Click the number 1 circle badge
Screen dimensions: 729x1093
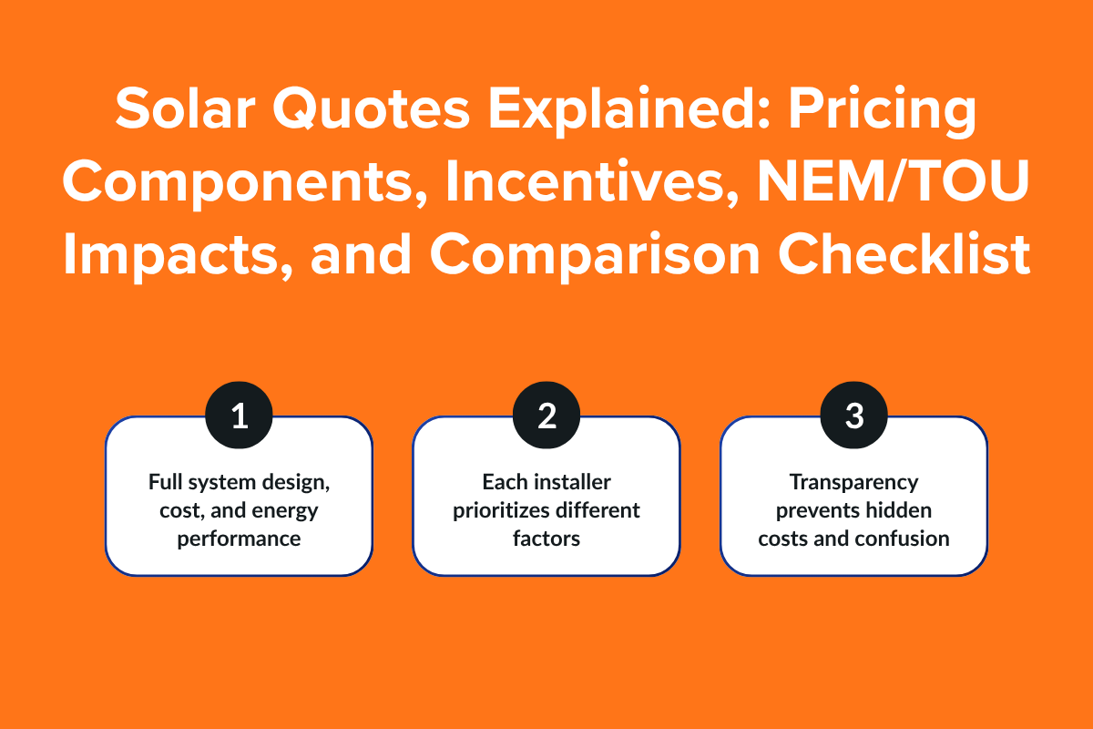[x=239, y=416]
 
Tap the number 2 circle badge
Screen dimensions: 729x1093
[x=546, y=416]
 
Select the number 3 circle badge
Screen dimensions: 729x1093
[x=853, y=416]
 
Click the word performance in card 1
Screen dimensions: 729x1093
[x=239, y=539]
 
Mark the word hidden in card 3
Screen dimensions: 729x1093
[x=901, y=510]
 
